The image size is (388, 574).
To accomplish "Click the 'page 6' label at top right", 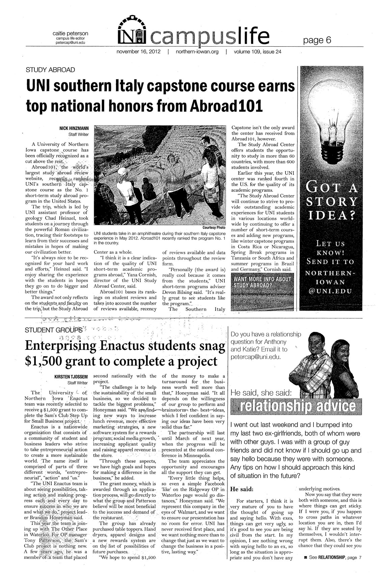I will click(x=317, y=40).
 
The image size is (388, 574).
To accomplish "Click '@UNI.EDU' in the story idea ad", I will click(x=330, y=290).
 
